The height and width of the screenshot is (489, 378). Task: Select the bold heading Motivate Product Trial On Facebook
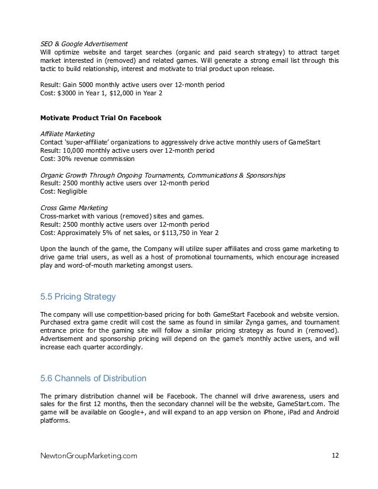(x=100, y=118)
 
